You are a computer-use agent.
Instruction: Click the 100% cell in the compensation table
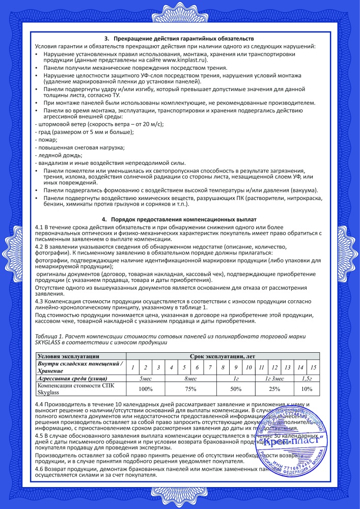146,389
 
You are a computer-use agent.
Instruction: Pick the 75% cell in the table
190,389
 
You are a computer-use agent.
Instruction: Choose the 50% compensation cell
236,389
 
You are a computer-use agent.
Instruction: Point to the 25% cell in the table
274,389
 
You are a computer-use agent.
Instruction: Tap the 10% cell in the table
307,389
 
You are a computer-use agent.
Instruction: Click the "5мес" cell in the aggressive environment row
146,378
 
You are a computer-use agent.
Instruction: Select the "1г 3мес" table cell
274,378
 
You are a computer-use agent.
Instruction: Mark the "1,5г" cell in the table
307,378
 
